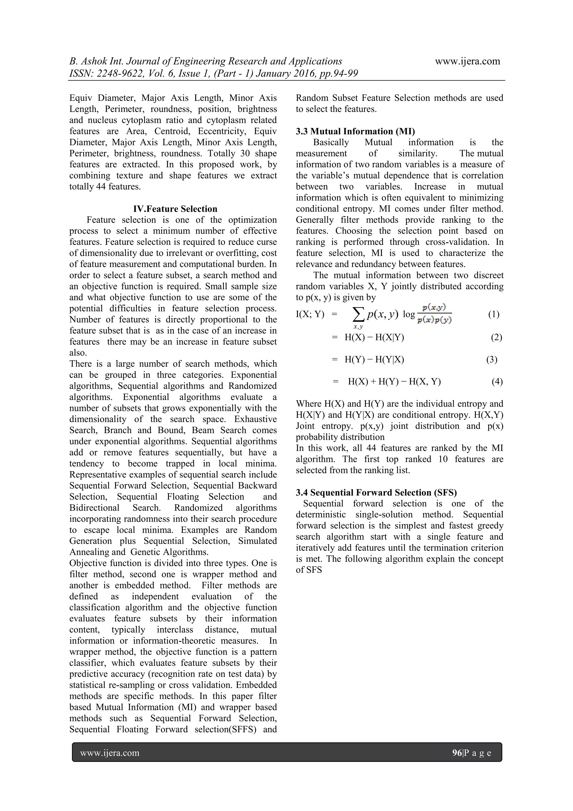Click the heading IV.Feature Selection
click(175, 209)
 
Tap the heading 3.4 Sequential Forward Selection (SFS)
click(376, 492)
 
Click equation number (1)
click(494, 314)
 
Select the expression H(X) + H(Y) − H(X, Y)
click(394, 382)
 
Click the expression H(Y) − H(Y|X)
click(374, 359)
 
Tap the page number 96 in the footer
click(457, 753)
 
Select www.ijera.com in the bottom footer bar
click(110, 753)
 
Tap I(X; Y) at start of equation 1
click(310, 314)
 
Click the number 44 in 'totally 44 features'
click(101, 186)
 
